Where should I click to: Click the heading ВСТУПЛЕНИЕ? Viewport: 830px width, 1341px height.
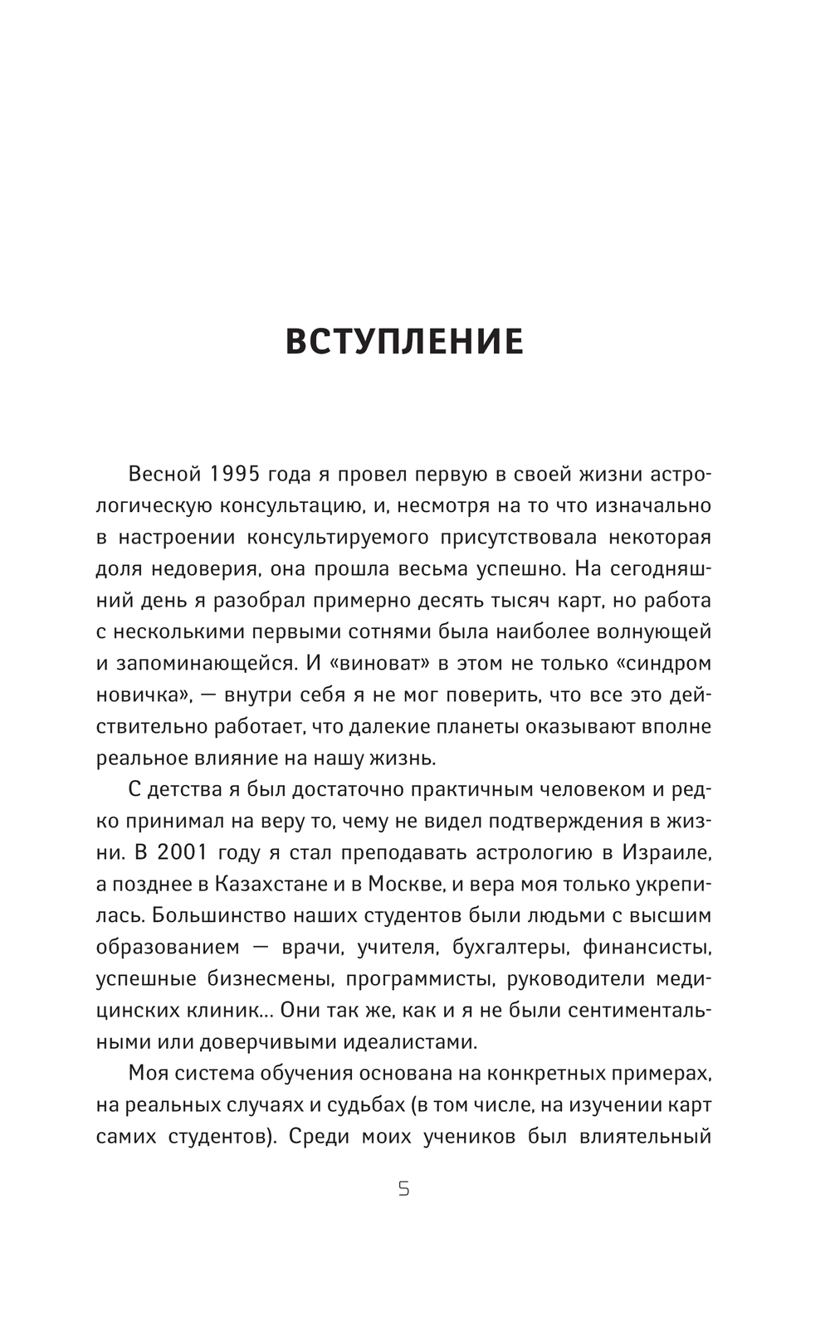(x=404, y=342)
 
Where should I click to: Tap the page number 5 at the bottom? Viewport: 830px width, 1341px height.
(x=404, y=1189)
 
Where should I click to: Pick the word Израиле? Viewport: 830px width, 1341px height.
(x=667, y=852)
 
